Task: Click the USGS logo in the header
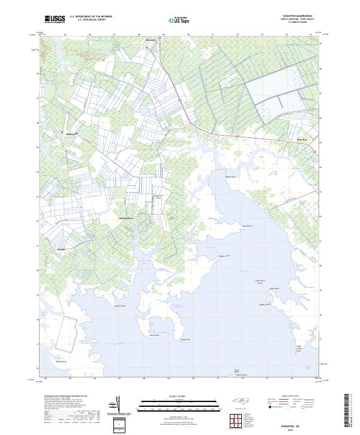(x=55, y=19)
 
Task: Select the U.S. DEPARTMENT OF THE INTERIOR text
(x=91, y=17)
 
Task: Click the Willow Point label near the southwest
(x=61, y=362)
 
